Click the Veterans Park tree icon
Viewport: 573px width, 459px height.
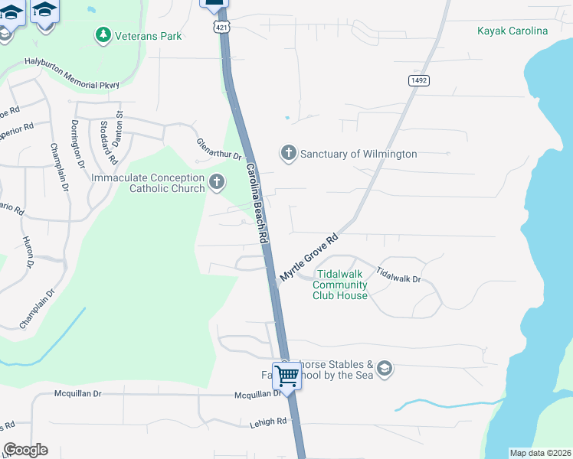click(102, 34)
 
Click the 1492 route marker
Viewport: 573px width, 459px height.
click(418, 80)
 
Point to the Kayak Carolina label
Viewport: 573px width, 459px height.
click(512, 31)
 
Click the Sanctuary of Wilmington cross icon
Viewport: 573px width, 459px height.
click(288, 154)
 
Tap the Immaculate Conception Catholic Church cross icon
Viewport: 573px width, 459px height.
click(218, 183)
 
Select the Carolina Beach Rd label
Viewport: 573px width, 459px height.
click(256, 203)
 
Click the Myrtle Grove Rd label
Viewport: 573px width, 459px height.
click(309, 257)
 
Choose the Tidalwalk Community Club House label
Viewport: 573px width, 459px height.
click(341, 285)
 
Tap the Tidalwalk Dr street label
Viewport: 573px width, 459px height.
click(398, 275)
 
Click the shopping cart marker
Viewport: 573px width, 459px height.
click(287, 376)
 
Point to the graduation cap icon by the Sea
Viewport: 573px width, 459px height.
click(384, 369)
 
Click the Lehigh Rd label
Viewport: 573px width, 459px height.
click(267, 422)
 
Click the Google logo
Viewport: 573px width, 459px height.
click(25, 450)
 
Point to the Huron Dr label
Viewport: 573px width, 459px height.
click(29, 252)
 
